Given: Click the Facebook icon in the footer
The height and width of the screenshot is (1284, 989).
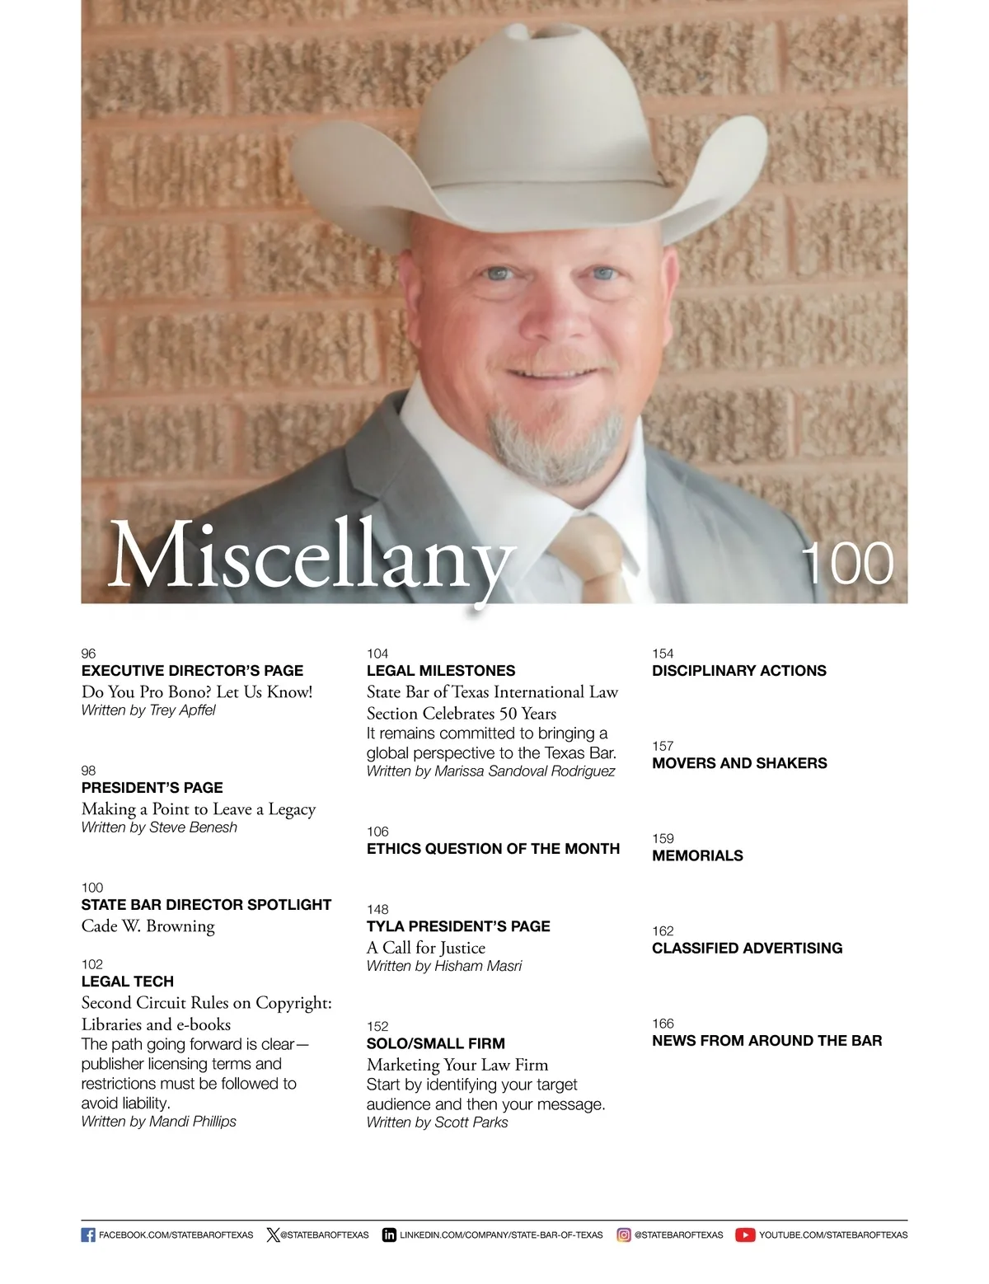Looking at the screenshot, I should [x=88, y=1235].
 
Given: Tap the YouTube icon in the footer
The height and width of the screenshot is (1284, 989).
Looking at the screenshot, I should [x=745, y=1235].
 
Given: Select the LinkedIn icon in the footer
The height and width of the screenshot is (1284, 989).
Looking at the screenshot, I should [x=389, y=1235].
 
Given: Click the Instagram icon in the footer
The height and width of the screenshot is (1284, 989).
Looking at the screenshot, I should [x=624, y=1235].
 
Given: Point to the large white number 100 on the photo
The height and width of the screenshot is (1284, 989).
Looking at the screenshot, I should [x=848, y=564].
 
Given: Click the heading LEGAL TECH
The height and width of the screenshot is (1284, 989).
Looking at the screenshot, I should [x=128, y=982].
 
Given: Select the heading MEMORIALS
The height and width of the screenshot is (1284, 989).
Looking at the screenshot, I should [x=697, y=855].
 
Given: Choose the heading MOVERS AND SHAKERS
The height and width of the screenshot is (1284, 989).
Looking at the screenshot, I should [x=739, y=763].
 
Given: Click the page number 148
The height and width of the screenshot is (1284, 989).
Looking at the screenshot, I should [x=377, y=909].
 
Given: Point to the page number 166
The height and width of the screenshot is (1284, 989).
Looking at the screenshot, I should [x=663, y=1023].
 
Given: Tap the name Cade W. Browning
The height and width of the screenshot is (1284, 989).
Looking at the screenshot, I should [x=148, y=926].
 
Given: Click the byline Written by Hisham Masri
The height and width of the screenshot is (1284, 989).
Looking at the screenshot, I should [x=444, y=966].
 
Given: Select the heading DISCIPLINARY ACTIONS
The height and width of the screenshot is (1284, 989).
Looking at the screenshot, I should [x=738, y=671].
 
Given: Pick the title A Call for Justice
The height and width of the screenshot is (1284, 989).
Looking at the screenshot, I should [x=426, y=948].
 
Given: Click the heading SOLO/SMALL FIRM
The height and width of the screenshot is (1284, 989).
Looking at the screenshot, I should [x=436, y=1043].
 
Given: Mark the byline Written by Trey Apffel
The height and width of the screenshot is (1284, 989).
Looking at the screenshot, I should [x=148, y=710].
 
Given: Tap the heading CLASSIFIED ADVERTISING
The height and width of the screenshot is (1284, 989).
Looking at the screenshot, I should [x=747, y=948].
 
